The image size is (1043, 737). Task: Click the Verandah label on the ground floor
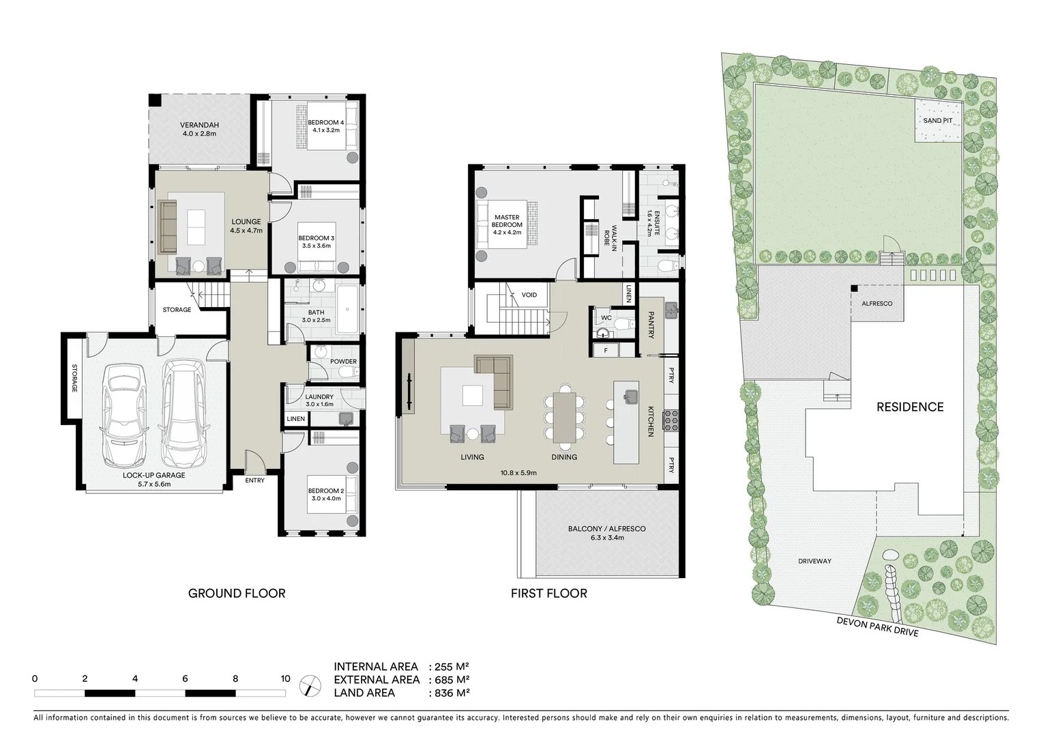(199, 125)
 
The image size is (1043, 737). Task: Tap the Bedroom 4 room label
(325, 122)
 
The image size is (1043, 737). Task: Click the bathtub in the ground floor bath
(347, 310)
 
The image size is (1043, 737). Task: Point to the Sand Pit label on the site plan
(938, 120)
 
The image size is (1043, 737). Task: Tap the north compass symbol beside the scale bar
(311, 684)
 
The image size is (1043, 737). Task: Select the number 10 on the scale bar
(284, 678)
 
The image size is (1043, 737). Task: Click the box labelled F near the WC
(605, 351)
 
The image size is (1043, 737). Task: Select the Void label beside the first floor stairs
(529, 295)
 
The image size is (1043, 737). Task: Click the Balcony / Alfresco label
(606, 529)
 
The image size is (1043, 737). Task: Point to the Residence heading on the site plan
(909, 407)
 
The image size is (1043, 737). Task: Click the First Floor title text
(548, 593)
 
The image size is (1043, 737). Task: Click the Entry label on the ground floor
(254, 480)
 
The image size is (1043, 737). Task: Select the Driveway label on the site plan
(814, 561)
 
